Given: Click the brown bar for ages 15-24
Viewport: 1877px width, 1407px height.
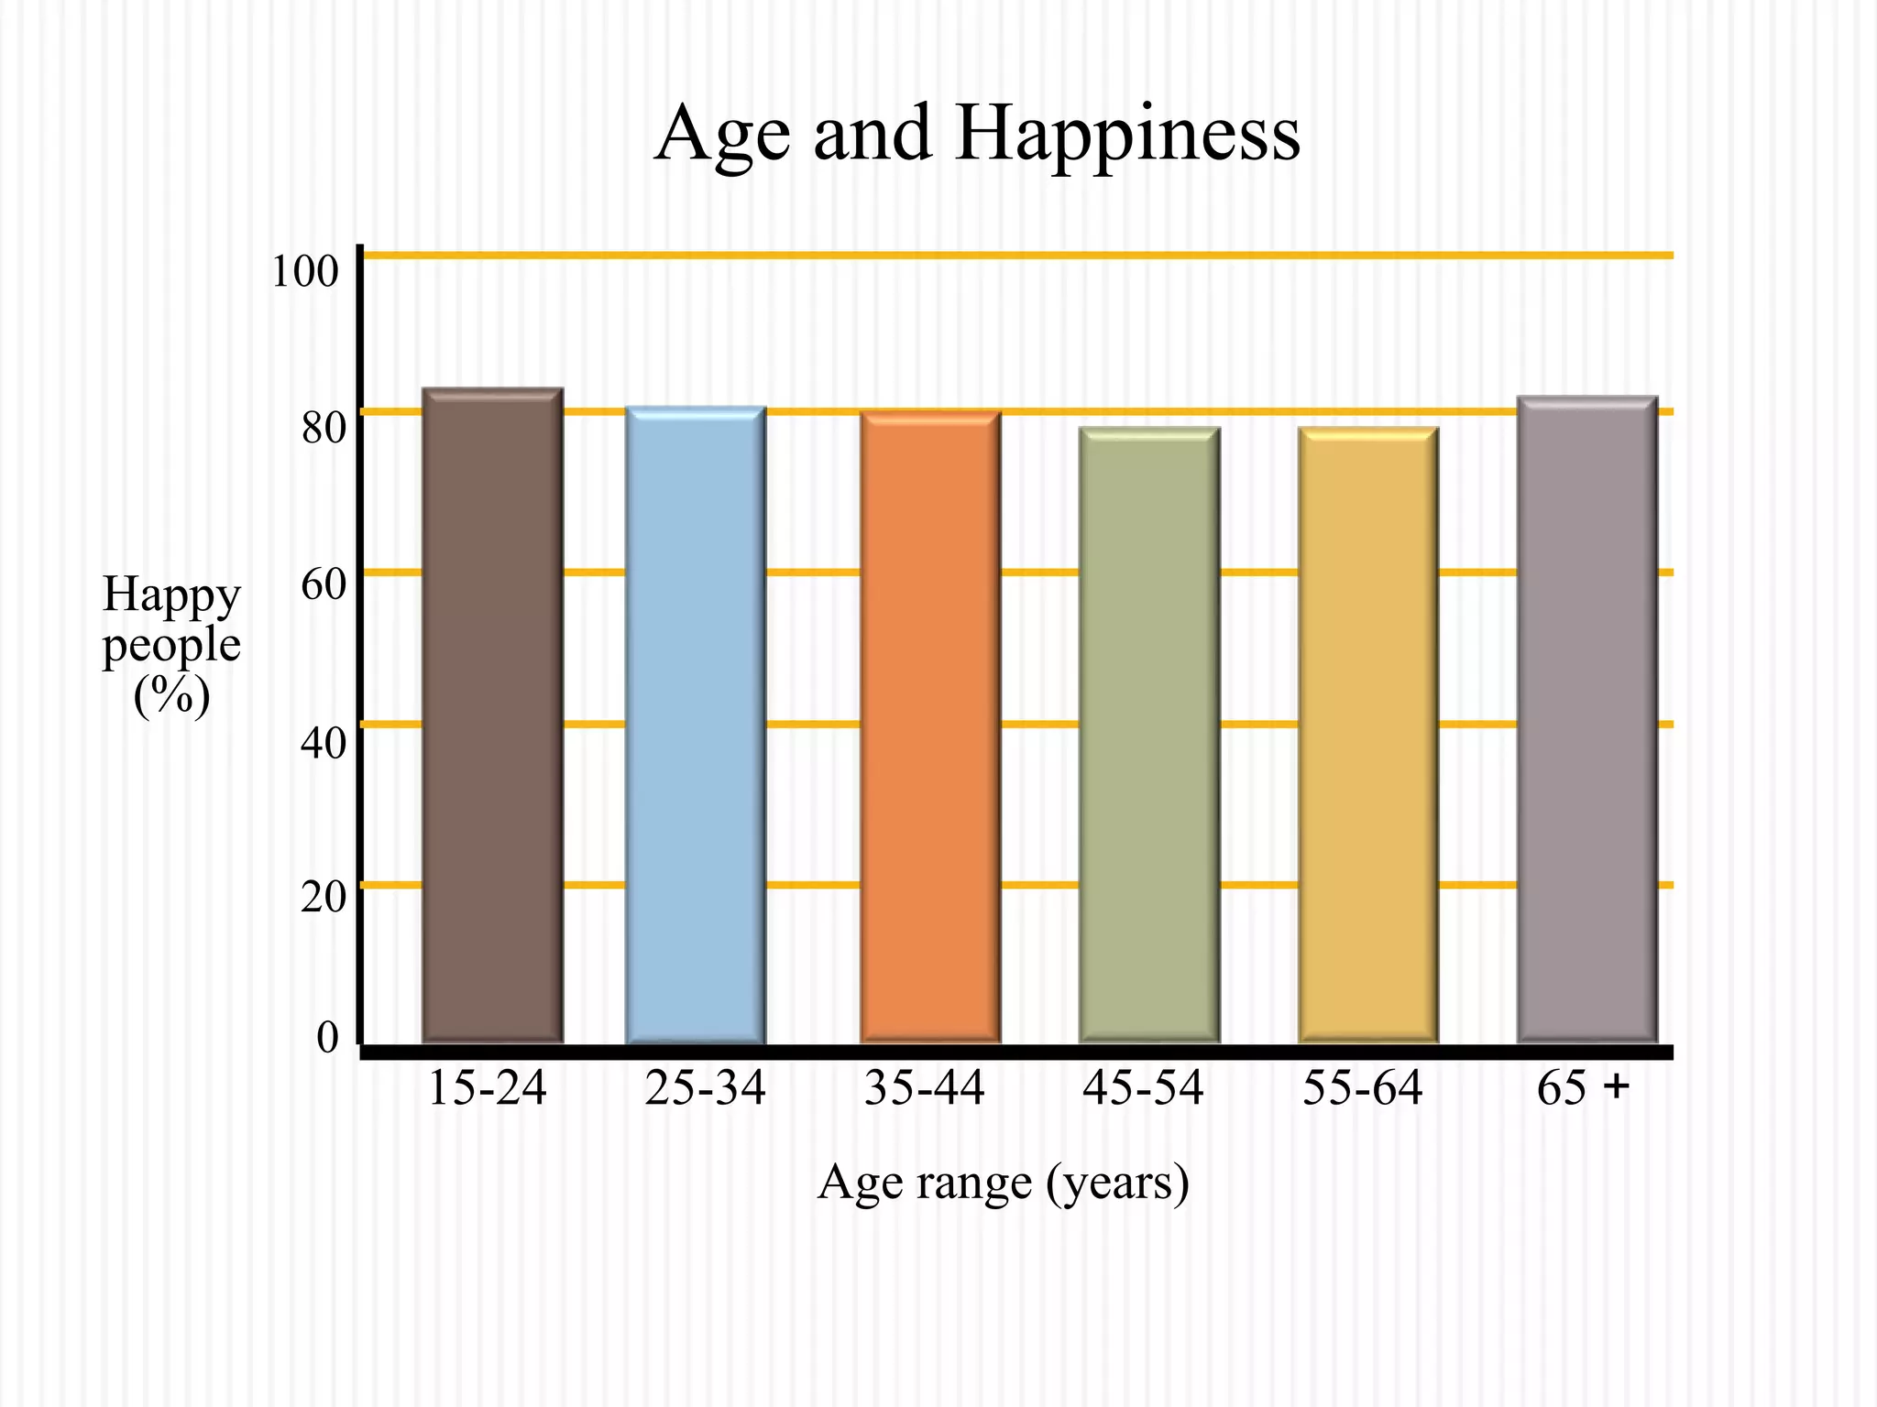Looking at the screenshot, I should click(492, 714).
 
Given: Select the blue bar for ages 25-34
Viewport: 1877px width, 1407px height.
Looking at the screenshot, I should click(696, 724).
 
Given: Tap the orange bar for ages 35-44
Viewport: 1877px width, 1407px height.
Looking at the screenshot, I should click(930, 726).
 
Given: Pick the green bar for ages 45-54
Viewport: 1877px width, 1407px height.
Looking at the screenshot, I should click(1149, 735).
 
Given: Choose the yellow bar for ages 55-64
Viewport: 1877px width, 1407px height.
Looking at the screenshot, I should click(1368, 735).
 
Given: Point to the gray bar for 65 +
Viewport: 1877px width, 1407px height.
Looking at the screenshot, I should click(1587, 719).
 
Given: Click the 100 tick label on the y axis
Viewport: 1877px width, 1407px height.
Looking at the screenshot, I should click(304, 272).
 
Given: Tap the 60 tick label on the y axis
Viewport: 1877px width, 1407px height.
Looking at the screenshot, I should click(324, 584).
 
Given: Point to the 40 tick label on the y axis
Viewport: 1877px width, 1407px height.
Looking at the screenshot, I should click(324, 743).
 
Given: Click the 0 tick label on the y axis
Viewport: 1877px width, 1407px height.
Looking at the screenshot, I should click(327, 1038).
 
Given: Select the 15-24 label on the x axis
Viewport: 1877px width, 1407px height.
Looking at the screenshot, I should click(487, 1089).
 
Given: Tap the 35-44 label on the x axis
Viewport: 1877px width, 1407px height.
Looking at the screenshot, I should click(924, 1089).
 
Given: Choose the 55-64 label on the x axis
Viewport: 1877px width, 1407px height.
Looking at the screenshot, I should click(1362, 1089).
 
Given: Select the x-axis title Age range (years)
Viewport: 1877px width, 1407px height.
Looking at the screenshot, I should click(1003, 1183).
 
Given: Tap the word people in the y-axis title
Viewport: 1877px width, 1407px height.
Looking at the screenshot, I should click(171, 646).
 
